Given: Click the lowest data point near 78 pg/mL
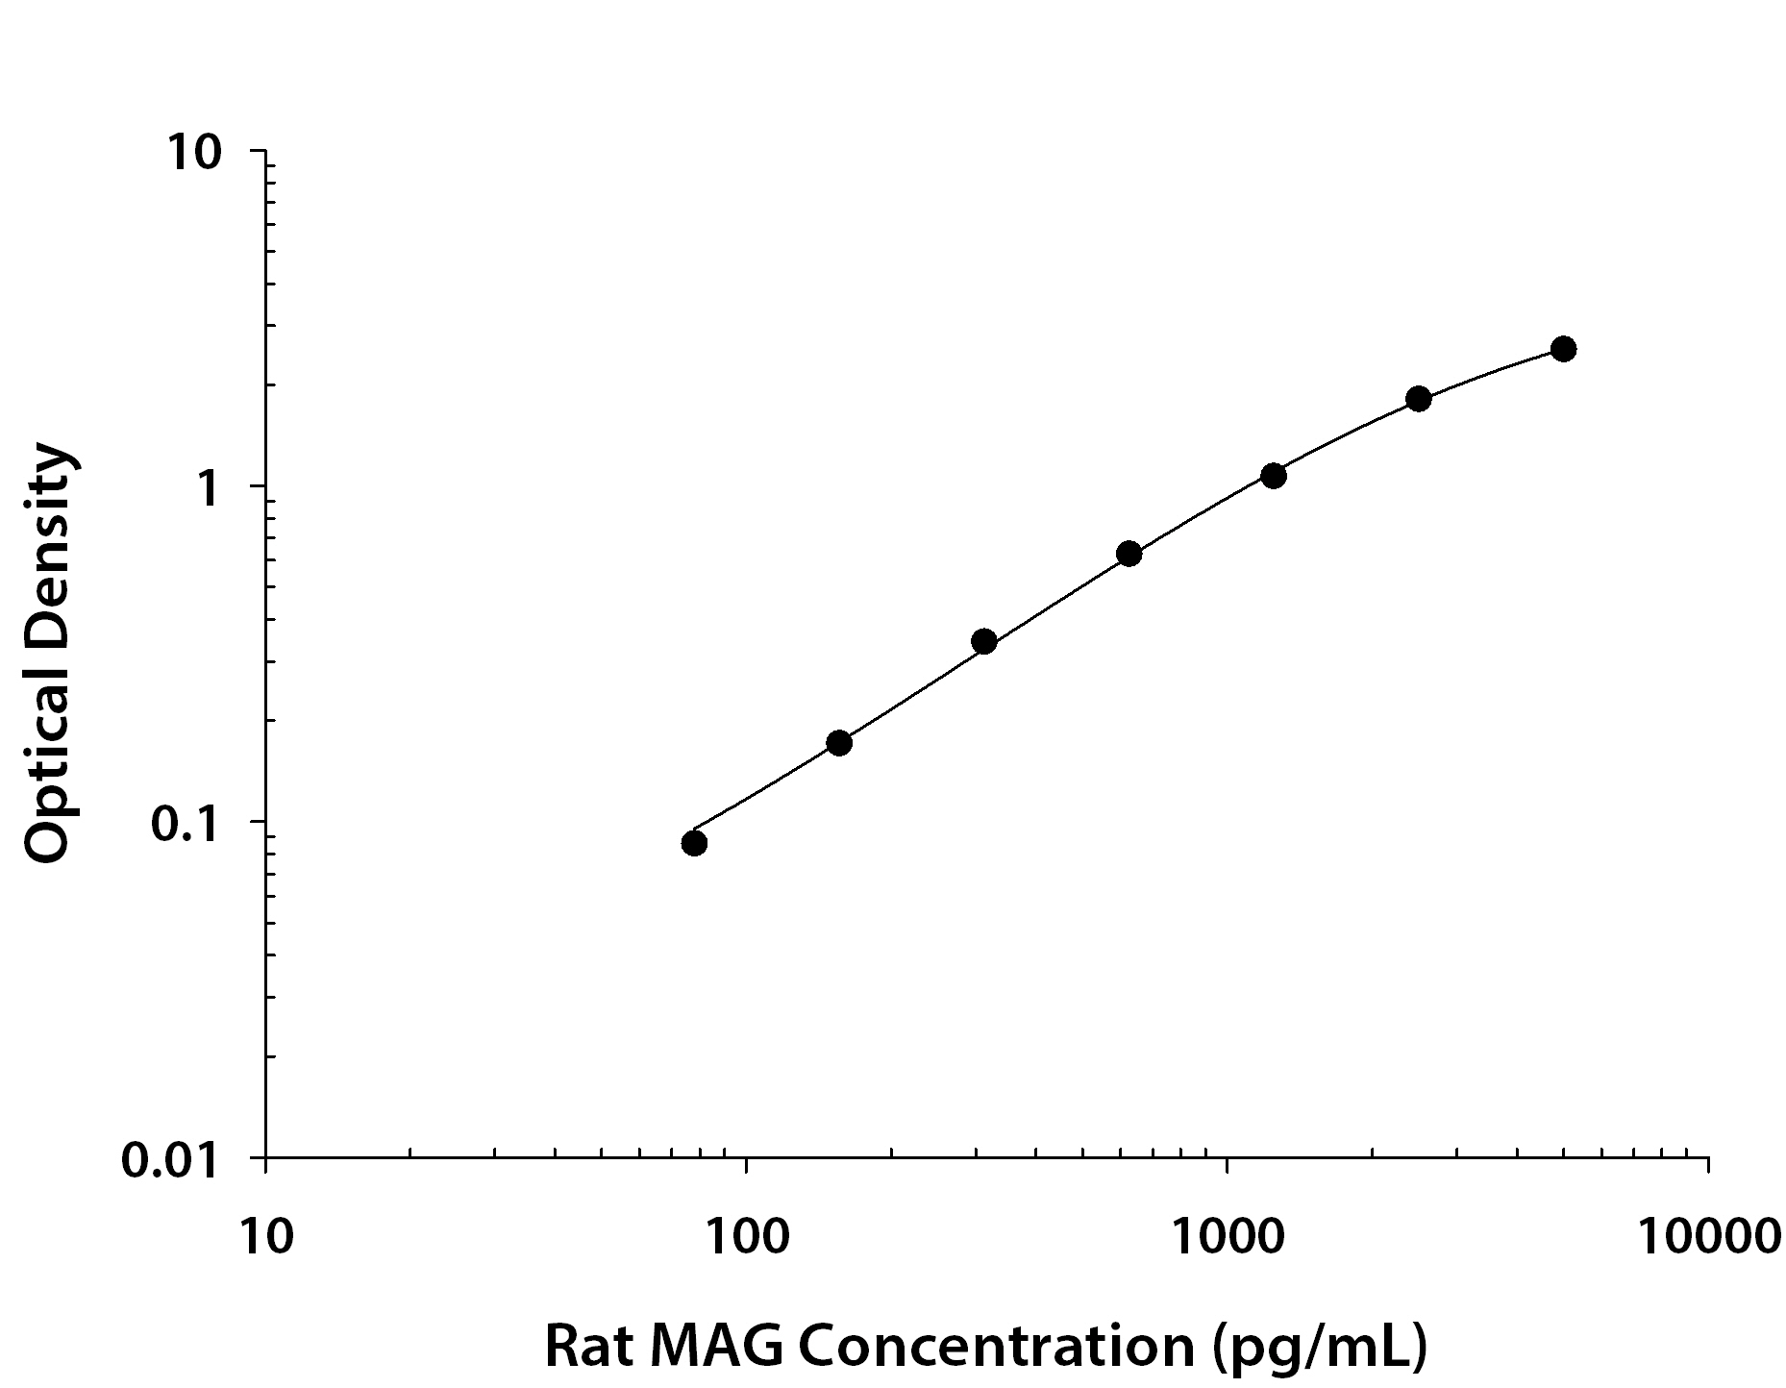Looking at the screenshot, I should [694, 843].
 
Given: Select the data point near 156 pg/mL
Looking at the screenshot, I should [839, 743].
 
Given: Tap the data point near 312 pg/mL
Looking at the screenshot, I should [984, 641].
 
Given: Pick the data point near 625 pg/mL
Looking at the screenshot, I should [1129, 554].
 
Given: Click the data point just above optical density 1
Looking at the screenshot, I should [1274, 476].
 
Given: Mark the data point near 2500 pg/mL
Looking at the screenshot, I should [1419, 399].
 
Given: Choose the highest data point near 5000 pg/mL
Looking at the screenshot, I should [1564, 349].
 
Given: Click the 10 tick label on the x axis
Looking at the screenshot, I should [264, 1237].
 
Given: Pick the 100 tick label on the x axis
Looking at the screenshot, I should [745, 1237].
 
